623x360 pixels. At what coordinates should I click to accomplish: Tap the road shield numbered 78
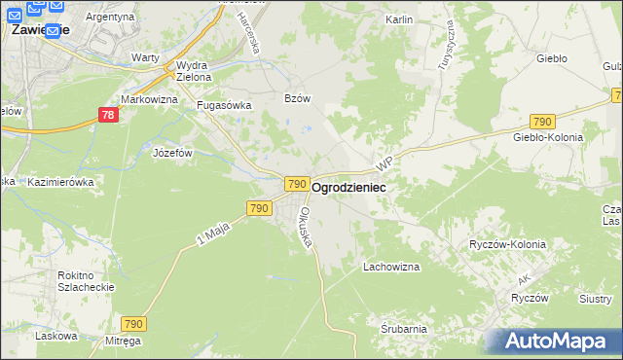click(110, 116)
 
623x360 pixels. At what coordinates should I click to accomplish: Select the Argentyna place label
click(110, 18)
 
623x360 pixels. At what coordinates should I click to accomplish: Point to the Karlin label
click(399, 19)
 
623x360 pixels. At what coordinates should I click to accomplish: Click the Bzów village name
click(296, 98)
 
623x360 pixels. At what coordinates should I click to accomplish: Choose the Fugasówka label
click(224, 105)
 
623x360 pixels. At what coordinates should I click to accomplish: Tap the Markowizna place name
click(149, 99)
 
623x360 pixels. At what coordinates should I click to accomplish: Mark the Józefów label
click(173, 153)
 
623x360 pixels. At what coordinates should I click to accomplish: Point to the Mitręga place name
click(124, 341)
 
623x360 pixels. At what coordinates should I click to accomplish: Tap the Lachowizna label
click(390, 266)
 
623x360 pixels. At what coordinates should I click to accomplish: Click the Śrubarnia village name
click(404, 329)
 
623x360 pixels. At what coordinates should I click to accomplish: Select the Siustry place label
click(595, 299)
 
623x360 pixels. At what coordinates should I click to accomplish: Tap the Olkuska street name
click(307, 227)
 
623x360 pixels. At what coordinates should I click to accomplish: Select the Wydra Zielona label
click(193, 70)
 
